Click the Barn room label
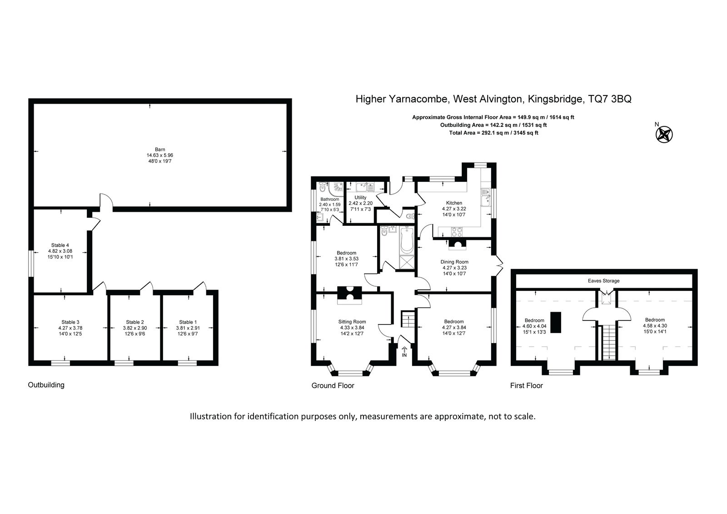point(160,150)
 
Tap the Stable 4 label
point(60,245)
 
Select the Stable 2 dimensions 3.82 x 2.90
point(135,328)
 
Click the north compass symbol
point(664,134)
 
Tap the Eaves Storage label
point(604,280)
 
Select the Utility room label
point(360,197)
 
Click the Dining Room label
point(454,262)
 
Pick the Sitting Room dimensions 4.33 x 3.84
point(352,328)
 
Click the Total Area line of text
point(493,133)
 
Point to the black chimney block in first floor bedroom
point(556,322)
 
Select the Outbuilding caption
point(46,385)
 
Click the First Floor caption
point(527,385)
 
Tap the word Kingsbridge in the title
point(555,99)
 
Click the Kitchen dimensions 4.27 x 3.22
point(454,209)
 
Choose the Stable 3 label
point(70,322)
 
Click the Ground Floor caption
point(333,385)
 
